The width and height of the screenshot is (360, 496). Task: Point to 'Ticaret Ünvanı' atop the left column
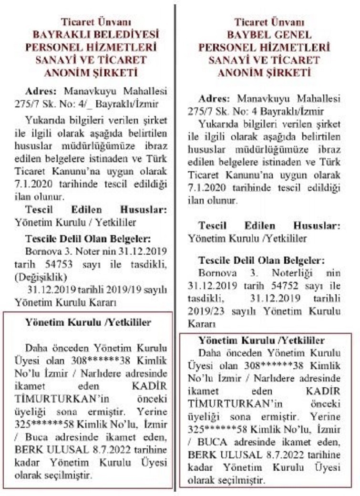pos(96,22)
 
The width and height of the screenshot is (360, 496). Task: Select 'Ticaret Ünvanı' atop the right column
pos(269,22)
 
